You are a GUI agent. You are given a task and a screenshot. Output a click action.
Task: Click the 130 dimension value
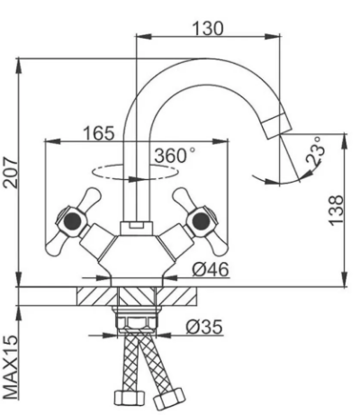208,28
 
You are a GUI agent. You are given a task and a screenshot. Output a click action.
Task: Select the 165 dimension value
99,133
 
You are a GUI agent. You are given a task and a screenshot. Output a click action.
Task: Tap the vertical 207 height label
11,172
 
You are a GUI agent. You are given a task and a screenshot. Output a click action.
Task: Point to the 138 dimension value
336,210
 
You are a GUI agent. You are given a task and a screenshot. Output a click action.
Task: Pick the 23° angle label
315,151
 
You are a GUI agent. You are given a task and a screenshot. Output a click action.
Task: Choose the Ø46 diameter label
211,269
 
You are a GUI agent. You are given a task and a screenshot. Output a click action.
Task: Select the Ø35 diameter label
204,327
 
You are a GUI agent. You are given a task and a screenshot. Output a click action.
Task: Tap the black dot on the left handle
73,221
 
